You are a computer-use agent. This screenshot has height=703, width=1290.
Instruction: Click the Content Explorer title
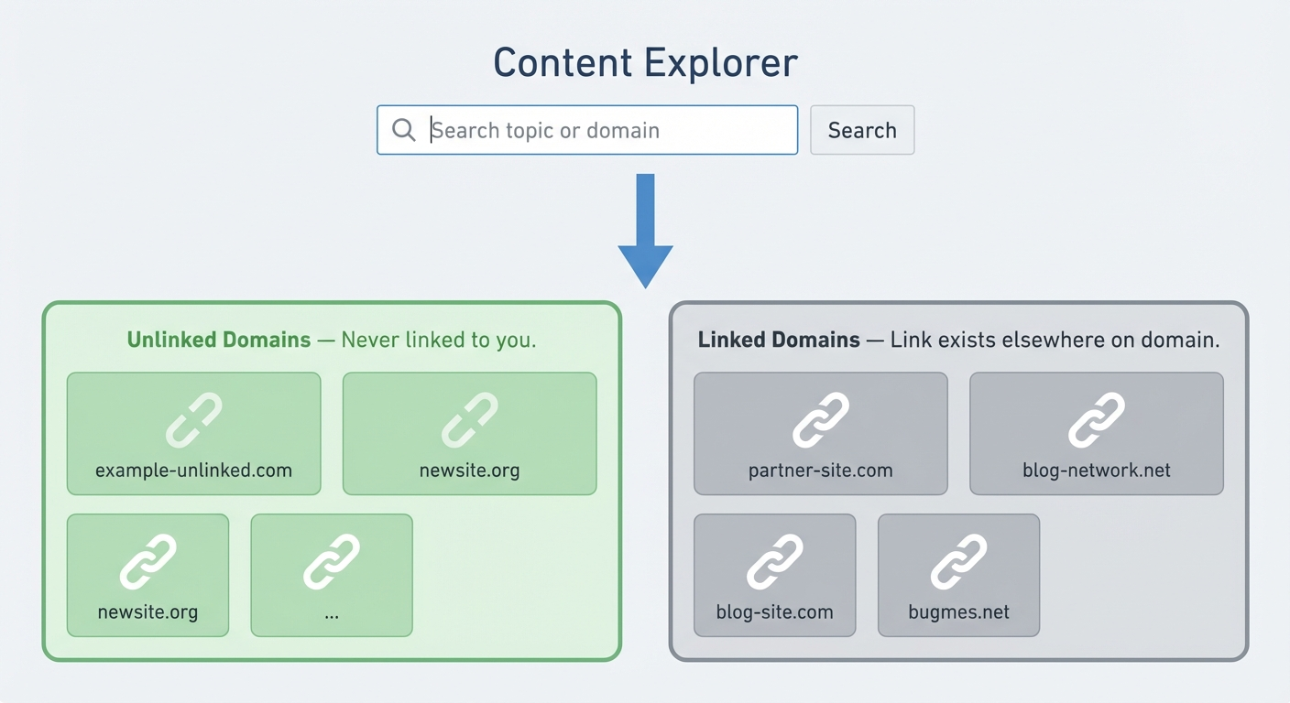pyautogui.click(x=645, y=63)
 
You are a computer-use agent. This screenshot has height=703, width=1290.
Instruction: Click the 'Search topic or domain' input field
pyautogui.click(x=605, y=130)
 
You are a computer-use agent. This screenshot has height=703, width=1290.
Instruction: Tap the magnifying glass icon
pyautogui.click(x=403, y=130)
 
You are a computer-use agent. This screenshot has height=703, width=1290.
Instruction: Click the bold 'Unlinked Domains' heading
pyautogui.click(x=219, y=341)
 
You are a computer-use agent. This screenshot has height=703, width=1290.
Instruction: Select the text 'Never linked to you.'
pyautogui.click(x=439, y=341)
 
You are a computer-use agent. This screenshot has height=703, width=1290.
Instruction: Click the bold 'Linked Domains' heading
pyautogui.click(x=779, y=341)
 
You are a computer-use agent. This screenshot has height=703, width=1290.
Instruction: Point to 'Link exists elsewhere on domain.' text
pyautogui.click(x=1055, y=341)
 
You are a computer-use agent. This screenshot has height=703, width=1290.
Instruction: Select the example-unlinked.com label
pyautogui.click(x=193, y=471)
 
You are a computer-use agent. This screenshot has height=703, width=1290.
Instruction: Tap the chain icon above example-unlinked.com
pyautogui.click(x=193, y=420)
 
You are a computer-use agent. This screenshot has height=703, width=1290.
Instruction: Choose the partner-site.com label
pyautogui.click(x=820, y=471)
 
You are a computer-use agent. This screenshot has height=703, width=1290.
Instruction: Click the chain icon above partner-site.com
pyautogui.click(x=820, y=420)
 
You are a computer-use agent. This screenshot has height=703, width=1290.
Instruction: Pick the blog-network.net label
pyautogui.click(x=1096, y=471)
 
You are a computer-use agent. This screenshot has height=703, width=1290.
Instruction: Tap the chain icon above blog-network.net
pyautogui.click(x=1096, y=420)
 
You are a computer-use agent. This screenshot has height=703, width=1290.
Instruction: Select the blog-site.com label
pyautogui.click(x=774, y=612)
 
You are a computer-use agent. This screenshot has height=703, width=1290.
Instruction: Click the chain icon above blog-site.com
pyautogui.click(x=774, y=562)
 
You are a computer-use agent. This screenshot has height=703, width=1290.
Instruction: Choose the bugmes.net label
pyautogui.click(x=958, y=612)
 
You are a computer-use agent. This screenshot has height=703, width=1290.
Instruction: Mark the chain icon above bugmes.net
pyautogui.click(x=958, y=562)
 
